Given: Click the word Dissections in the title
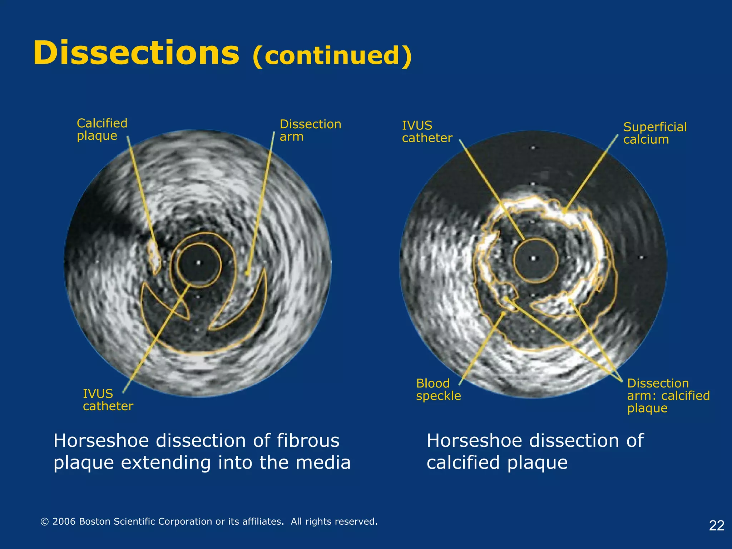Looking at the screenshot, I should (136, 54).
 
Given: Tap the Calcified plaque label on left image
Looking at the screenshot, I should (102, 129).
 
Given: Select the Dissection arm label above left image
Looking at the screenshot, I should (310, 130).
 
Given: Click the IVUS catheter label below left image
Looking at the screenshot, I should (108, 400).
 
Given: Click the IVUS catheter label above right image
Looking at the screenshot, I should (427, 132).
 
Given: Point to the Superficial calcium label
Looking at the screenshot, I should (654, 133).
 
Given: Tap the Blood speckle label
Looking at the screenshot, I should (438, 389).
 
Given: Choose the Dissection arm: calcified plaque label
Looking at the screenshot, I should (668, 395).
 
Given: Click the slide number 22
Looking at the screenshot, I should (716, 525).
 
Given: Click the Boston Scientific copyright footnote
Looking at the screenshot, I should (209, 521).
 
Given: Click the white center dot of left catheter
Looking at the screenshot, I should (199, 263).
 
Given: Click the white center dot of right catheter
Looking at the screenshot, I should (534, 258).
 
